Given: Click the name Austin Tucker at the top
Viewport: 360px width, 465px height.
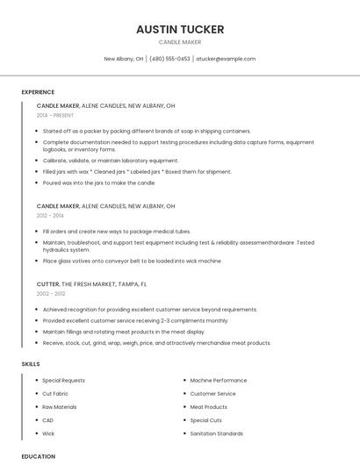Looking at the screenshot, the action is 180,29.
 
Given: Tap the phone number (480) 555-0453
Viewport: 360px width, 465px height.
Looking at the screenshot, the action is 169,59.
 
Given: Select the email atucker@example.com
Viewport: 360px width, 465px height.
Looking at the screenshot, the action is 226,59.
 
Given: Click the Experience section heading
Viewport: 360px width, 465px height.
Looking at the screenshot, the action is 38,92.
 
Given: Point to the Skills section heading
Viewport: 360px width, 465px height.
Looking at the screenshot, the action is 31,363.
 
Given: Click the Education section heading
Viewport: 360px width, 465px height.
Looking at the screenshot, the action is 39,456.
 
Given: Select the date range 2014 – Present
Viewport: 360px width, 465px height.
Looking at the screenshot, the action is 55,115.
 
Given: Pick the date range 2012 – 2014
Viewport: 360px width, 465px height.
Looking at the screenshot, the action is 50,215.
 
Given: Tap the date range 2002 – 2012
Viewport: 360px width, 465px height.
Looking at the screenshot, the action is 51,294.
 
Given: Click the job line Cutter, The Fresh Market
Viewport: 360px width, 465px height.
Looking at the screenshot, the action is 91,284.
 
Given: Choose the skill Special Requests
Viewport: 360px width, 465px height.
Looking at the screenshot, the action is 63,381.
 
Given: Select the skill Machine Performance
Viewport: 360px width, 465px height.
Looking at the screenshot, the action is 219,381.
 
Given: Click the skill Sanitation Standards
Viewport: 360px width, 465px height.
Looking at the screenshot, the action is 217,433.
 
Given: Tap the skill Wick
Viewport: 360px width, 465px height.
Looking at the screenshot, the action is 48,433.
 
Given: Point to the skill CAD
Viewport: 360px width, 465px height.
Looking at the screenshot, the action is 48,420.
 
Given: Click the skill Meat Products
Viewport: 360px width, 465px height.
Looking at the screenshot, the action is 209,407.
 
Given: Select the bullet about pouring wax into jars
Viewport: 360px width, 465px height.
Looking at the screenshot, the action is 98,183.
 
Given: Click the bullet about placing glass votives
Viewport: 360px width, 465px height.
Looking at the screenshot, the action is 132,261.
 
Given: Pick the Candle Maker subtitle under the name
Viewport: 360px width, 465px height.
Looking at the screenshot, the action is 180,42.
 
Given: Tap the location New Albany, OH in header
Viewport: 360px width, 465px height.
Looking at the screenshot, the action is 124,59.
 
